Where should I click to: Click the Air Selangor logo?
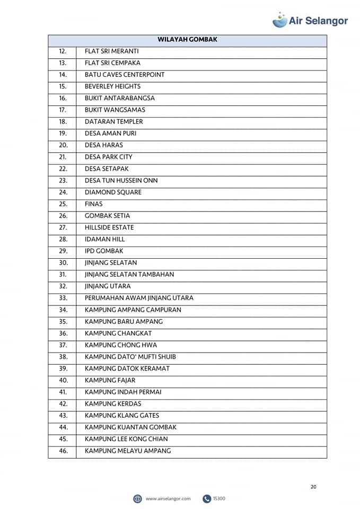[x=310, y=20]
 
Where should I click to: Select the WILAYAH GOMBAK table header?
[x=187, y=39]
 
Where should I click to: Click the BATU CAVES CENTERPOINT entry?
[x=125, y=75]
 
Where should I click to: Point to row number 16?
[x=63, y=98]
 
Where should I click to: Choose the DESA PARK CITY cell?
[x=109, y=157]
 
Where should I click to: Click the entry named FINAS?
[x=94, y=204]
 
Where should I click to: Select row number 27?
[x=63, y=227]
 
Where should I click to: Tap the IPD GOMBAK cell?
[x=104, y=251]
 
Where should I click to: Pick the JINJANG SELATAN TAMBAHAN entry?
[x=129, y=275]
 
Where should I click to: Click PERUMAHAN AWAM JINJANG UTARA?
[x=139, y=298]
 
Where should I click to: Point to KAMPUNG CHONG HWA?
[x=121, y=345]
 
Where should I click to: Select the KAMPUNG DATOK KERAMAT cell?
[x=127, y=368]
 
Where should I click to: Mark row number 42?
[x=63, y=403]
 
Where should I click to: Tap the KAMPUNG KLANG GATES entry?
[x=122, y=416]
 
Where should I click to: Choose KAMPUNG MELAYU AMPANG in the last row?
[x=128, y=451]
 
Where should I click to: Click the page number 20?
[x=313, y=487]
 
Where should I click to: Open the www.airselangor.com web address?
[x=168, y=498]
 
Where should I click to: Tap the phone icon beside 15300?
[x=206, y=498]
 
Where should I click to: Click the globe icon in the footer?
[x=138, y=498]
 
